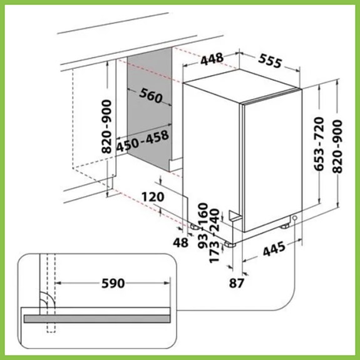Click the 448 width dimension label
(212, 59)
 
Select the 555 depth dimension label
(270, 61)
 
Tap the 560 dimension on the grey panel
(151, 96)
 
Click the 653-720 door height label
(319, 144)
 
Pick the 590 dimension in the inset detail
(113, 283)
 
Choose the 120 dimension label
(153, 197)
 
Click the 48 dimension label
(180, 242)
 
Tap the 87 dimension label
(236, 283)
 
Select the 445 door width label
(274, 249)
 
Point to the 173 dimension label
(215, 252)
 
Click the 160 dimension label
(203, 213)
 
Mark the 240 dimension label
(215, 220)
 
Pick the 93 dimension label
(203, 242)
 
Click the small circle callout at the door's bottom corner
(295, 218)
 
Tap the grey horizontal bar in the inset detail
(97, 319)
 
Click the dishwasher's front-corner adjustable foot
(230, 245)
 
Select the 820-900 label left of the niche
(106, 126)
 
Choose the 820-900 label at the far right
(337, 147)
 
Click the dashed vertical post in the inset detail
(51, 293)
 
